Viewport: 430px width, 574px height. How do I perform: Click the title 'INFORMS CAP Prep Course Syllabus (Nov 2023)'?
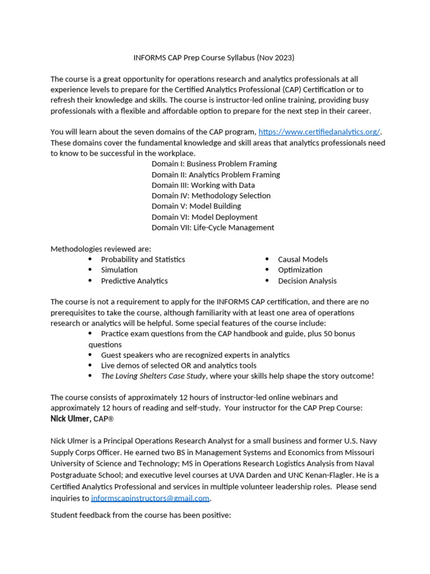213,58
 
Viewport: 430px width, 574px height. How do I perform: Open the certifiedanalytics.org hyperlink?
319,132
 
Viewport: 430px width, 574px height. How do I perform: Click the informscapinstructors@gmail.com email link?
150,498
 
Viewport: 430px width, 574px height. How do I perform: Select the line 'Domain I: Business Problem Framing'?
214,164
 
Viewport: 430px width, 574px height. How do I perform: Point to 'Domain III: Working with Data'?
203,185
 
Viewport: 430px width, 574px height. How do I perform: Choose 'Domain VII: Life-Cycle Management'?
213,228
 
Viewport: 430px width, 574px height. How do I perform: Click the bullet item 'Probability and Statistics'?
143,260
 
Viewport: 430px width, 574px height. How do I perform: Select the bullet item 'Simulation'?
119,270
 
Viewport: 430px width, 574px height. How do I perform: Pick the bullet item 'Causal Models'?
303,260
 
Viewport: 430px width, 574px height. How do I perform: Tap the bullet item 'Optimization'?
300,270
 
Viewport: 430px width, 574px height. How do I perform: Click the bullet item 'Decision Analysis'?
307,281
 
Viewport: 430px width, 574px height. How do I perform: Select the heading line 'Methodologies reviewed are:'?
101,249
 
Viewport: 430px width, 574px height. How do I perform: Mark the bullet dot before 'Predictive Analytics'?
90,281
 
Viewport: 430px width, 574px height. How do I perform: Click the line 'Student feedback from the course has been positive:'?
141,515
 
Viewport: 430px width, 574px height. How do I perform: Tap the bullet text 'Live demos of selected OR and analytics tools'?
179,365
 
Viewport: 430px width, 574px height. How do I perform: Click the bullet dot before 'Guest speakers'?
90,355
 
